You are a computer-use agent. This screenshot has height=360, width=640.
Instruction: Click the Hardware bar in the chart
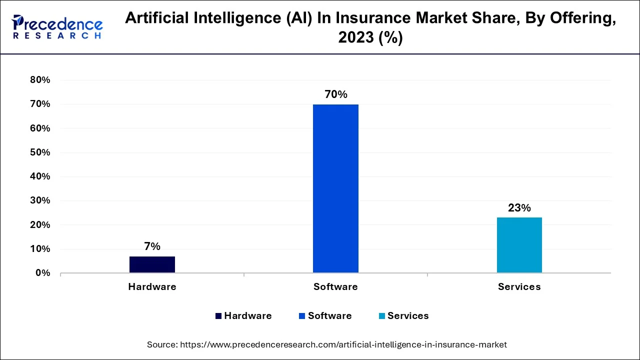click(x=152, y=264)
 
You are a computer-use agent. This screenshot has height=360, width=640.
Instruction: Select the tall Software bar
click(x=335, y=188)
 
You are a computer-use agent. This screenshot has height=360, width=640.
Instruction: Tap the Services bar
click(x=519, y=245)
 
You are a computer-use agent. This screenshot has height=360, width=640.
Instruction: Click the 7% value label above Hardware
click(x=152, y=246)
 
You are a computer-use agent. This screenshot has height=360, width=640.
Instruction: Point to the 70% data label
click(x=335, y=94)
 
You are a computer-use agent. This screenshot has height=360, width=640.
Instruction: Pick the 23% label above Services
click(x=519, y=207)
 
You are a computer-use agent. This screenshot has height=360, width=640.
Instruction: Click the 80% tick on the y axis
click(x=40, y=80)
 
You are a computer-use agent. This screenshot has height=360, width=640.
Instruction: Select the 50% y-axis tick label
click(x=40, y=152)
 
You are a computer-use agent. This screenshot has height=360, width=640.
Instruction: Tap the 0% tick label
click(x=42, y=273)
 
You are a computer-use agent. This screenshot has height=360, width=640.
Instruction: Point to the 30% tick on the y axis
click(x=40, y=200)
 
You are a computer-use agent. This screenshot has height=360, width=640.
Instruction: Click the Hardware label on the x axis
click(x=152, y=287)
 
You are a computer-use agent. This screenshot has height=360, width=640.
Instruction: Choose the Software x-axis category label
click(x=335, y=287)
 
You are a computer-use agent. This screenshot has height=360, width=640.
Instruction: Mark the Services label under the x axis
click(x=519, y=287)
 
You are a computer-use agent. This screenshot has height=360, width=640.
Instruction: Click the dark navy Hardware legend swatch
click(x=218, y=316)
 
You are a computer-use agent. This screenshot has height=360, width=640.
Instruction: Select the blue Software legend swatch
click(x=302, y=316)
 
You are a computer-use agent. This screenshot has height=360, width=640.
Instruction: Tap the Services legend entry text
click(x=408, y=316)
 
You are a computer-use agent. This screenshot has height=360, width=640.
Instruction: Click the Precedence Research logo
click(x=57, y=27)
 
